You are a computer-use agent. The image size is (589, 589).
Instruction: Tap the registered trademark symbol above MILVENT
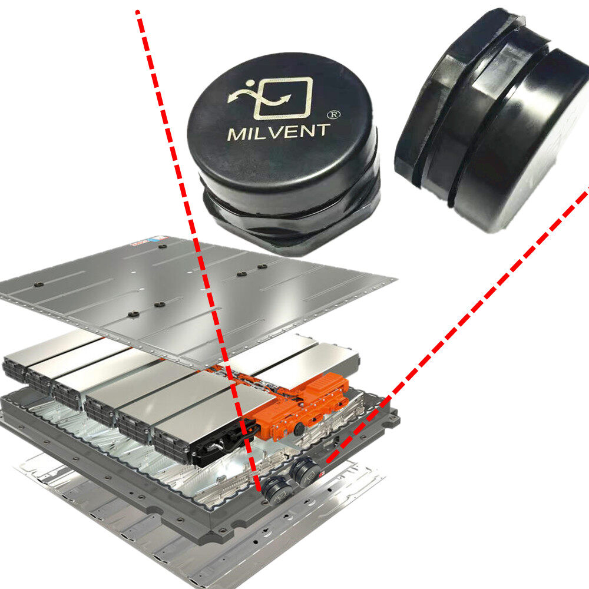tap(333, 115)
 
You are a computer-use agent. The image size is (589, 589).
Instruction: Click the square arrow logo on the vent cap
tap(270, 98)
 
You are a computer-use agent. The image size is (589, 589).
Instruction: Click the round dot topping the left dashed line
tap(137, 12)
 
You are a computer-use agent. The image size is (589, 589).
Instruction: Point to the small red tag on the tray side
tap(322, 474)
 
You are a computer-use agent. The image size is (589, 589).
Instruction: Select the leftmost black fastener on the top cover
tap(38, 284)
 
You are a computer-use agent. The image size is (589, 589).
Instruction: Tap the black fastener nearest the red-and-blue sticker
tap(163, 247)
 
